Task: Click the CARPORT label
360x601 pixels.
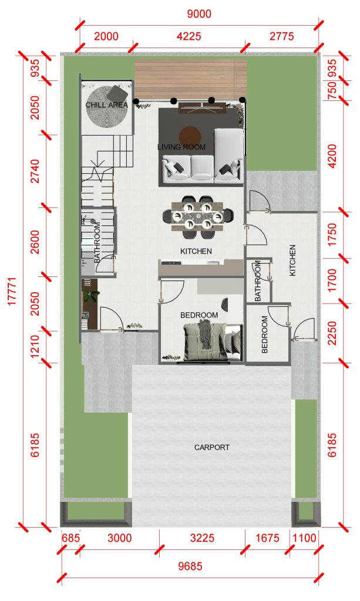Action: [x=211, y=447]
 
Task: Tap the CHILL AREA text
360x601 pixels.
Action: [x=106, y=104]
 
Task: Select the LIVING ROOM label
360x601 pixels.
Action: [x=181, y=147]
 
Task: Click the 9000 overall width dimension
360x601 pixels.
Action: [x=199, y=14]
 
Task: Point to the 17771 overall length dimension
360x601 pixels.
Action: [x=12, y=291]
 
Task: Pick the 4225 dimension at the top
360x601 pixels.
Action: [x=189, y=36]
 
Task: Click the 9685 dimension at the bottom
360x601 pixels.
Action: [x=190, y=566]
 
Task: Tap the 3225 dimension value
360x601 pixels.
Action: [x=202, y=538]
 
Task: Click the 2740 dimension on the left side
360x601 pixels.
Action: [x=34, y=171]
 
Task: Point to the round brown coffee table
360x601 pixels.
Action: [x=190, y=136]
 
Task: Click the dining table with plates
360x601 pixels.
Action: [x=197, y=217]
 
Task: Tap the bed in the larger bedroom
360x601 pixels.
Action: [x=213, y=342]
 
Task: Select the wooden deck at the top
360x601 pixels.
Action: [x=190, y=79]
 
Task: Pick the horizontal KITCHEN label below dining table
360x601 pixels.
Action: [x=196, y=251]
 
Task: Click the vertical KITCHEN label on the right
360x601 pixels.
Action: [x=292, y=260]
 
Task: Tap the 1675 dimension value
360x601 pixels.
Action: [x=267, y=538]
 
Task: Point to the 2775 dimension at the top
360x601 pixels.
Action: [x=282, y=36]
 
